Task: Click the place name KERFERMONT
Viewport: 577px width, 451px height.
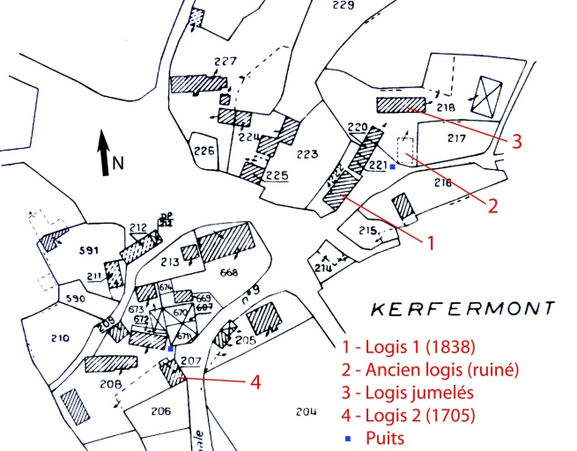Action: point(463,309)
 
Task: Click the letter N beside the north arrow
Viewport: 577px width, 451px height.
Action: point(118,162)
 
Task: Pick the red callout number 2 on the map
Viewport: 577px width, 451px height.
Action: point(492,206)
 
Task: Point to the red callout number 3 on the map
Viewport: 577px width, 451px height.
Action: point(517,141)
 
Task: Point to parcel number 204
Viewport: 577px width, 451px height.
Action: point(306,411)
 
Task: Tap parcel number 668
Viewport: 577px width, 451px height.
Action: point(228,271)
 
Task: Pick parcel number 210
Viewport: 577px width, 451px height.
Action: point(60,337)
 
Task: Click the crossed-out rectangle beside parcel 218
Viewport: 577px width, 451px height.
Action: point(485,95)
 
